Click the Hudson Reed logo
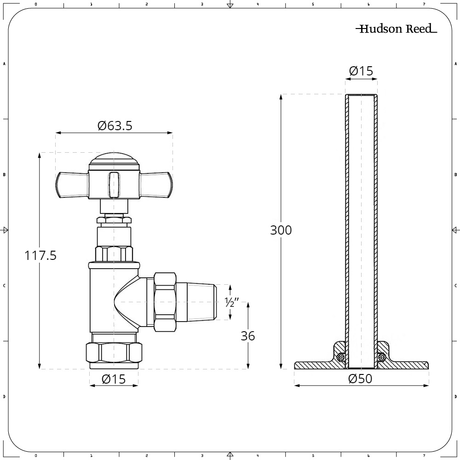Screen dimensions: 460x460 coord(397,29)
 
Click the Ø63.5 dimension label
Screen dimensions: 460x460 coord(115,126)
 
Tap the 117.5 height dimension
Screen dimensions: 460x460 coord(40,255)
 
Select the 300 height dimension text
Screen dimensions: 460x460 coord(281,230)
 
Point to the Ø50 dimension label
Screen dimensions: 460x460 coord(360,379)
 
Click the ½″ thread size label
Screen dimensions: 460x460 coord(232,302)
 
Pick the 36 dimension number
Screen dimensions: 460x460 coord(248,336)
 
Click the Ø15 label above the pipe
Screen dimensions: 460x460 coord(361,71)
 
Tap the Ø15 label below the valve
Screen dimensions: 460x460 coord(114,379)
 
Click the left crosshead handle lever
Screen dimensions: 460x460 coord(72,185)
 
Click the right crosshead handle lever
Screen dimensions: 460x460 coord(156,185)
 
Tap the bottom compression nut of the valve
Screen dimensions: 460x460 coord(114,353)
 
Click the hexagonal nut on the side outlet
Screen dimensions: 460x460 coord(165,302)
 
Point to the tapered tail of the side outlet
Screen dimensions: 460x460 coord(196,302)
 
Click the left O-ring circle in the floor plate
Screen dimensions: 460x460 coord(341,357)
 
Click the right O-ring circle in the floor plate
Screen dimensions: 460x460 coord(381,357)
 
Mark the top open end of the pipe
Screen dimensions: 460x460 coord(361,95)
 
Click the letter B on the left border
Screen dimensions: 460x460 coord(4,174)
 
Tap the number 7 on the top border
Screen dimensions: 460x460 coord(424,4)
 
